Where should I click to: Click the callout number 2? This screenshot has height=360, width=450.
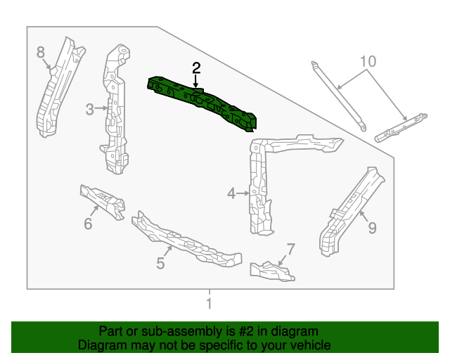[196, 68]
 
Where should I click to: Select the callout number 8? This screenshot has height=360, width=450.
[41, 51]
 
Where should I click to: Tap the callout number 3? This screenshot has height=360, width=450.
[90, 109]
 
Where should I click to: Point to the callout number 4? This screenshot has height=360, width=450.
[231, 193]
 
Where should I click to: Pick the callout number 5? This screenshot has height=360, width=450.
[160, 264]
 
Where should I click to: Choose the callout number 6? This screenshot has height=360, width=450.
[88, 224]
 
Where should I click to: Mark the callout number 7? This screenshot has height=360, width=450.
[291, 248]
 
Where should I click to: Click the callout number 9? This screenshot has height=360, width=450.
[372, 227]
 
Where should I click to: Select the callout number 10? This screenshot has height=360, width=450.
[366, 60]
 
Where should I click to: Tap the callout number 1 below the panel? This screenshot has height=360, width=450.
[209, 304]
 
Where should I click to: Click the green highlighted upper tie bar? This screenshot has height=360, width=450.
[204, 102]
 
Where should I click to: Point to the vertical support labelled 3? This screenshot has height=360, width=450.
[115, 112]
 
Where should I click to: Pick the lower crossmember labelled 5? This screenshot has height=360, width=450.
[186, 239]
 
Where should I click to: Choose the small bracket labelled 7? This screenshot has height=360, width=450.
[271, 271]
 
